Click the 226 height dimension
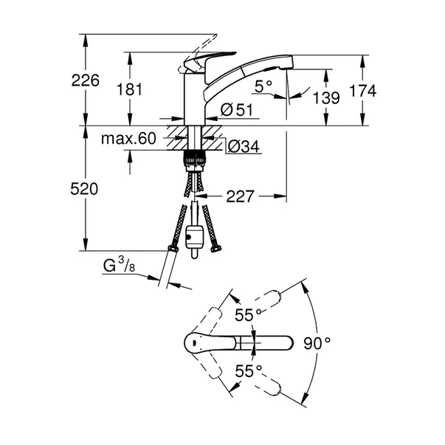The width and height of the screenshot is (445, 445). (85, 81)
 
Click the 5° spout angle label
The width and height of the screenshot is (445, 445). (263, 86)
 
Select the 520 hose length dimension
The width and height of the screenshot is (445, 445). (85, 190)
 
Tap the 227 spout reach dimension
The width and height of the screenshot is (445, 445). (240, 196)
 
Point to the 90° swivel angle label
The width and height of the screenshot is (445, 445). (318, 342)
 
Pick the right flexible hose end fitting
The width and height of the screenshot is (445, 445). (215, 248)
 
